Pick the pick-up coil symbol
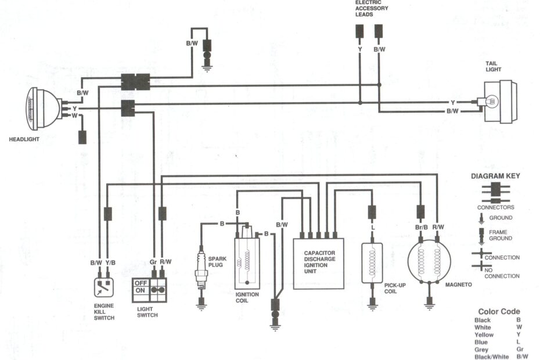[x=372, y=262]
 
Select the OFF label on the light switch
[x=141, y=283]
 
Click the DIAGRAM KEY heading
[x=495, y=176]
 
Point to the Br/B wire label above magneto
[x=422, y=227]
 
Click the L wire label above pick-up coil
[x=372, y=227]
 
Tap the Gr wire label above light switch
[x=154, y=262]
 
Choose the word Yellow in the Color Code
[x=484, y=335]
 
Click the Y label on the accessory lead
[x=360, y=49]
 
